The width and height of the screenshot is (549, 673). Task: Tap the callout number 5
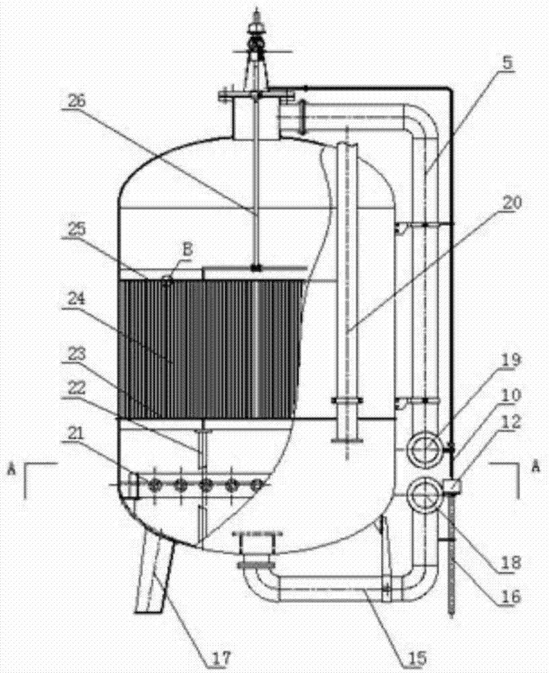(x=507, y=63)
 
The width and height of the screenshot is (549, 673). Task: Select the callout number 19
(x=511, y=359)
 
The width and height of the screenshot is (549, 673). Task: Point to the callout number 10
(x=511, y=395)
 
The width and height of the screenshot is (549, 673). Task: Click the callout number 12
(x=511, y=422)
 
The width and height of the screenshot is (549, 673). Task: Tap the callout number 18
(x=510, y=562)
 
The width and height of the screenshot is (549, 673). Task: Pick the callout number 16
(x=510, y=596)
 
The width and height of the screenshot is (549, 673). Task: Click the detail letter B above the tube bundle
(x=188, y=250)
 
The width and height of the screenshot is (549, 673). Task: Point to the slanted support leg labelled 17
(x=155, y=571)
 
